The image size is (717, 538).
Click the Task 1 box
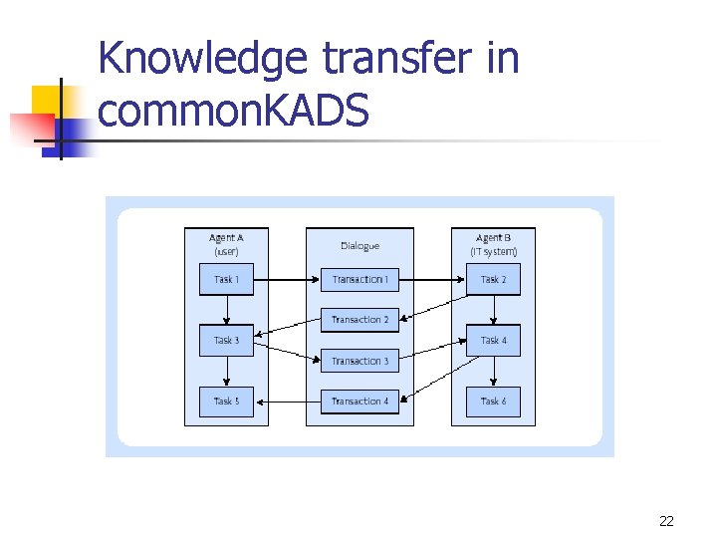pyautogui.click(x=226, y=279)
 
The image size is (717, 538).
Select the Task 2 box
pyautogui.click(x=493, y=279)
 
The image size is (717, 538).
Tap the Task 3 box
pyautogui.click(x=226, y=341)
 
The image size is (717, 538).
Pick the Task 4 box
pyautogui.click(x=493, y=341)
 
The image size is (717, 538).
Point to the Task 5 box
pyautogui.click(x=226, y=401)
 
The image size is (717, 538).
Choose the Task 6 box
pyautogui.click(x=493, y=401)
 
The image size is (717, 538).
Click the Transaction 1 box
pyautogui.click(x=359, y=279)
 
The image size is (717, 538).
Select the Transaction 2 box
pyautogui.click(x=359, y=320)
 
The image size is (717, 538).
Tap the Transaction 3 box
pyautogui.click(x=359, y=361)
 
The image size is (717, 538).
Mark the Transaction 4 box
pyautogui.click(x=359, y=401)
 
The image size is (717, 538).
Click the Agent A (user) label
pyautogui.click(x=226, y=244)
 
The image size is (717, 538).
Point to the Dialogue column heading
pyautogui.click(x=359, y=245)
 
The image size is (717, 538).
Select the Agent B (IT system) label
pyautogui.click(x=493, y=244)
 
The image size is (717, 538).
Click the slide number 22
pyautogui.click(x=666, y=521)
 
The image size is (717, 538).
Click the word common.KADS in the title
pyautogui.click(x=233, y=110)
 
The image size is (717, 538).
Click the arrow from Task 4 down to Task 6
pyautogui.click(x=493, y=371)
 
